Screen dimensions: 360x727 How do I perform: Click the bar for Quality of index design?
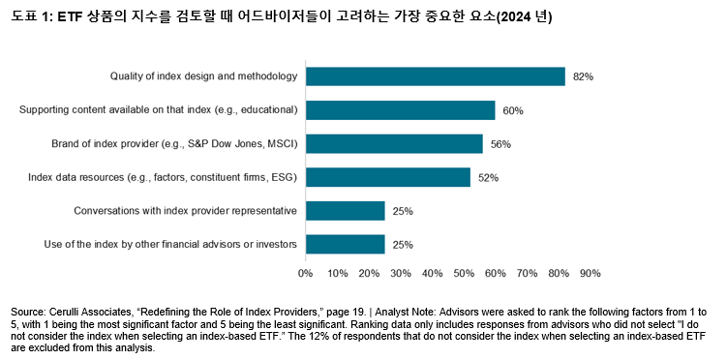pyautogui.click(x=435, y=76)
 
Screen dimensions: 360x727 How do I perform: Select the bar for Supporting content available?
pyautogui.click(x=400, y=110)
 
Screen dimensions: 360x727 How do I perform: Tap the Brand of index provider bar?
pyautogui.click(x=394, y=144)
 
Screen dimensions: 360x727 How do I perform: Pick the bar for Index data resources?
pyautogui.click(x=387, y=177)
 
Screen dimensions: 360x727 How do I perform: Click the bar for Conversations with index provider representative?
pyautogui.click(x=345, y=211)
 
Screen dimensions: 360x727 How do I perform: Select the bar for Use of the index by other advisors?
pyautogui.click(x=345, y=244)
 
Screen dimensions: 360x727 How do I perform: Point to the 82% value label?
pyautogui.click(x=582, y=76)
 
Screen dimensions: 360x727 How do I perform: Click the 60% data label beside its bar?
pyautogui.click(x=513, y=110)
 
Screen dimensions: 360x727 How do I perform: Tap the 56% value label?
pyautogui.click(x=500, y=144)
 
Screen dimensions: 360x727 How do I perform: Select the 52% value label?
pyautogui.click(x=488, y=178)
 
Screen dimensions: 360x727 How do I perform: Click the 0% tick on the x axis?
pyautogui.click(x=306, y=274)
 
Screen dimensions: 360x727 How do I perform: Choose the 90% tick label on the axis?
pyautogui.click(x=590, y=274)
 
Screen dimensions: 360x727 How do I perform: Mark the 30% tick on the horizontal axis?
pyautogui.click(x=401, y=274)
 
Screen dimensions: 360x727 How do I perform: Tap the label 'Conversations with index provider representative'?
pyautogui.click(x=186, y=211)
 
